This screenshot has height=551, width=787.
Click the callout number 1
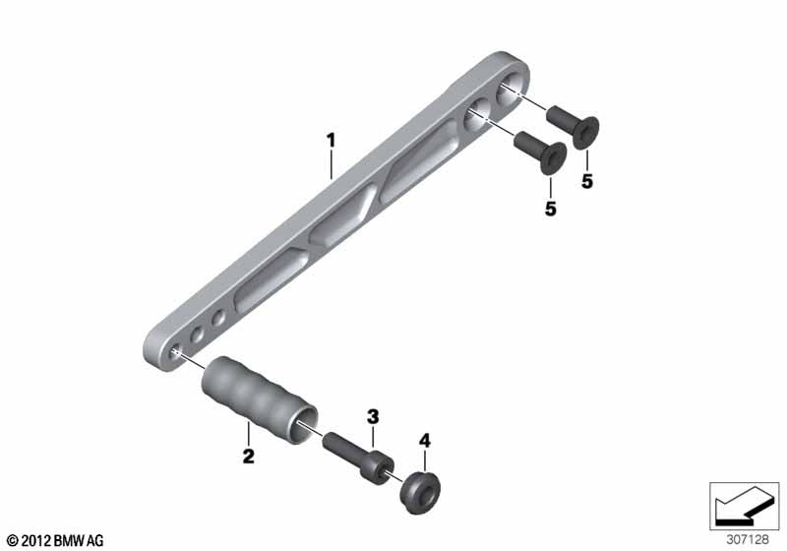[331, 141]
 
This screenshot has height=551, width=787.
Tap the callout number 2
[249, 457]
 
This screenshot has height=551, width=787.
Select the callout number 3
[373, 416]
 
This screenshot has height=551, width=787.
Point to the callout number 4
[425, 441]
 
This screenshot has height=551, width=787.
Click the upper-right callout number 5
[587, 181]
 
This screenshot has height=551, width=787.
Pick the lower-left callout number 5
[551, 209]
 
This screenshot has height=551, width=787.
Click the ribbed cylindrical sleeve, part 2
[260, 399]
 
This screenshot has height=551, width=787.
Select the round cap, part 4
[420, 492]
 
